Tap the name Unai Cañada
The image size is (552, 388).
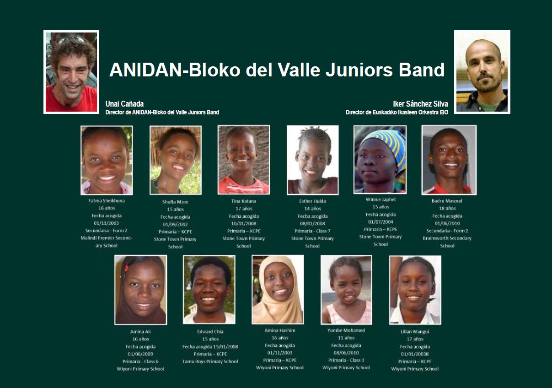click(124, 104)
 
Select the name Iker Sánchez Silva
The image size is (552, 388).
click(421, 104)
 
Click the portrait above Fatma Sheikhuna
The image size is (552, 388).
click(107, 160)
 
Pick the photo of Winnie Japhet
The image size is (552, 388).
click(380, 160)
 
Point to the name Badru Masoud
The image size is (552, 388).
click(447, 201)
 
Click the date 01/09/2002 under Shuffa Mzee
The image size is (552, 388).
click(175, 224)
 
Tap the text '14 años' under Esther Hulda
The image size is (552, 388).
click(313, 209)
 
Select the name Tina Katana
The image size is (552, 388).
click(244, 201)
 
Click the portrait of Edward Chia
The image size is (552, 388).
click(209, 290)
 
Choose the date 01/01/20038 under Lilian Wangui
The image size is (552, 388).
click(415, 354)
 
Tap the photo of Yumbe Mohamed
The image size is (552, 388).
click(347, 290)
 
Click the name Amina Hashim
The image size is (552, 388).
click(280, 330)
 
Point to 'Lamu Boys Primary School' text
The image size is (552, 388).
click(210, 361)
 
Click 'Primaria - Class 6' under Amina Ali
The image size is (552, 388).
click(140, 361)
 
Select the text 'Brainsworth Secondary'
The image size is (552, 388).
click(447, 238)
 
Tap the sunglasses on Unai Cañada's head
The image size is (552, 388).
click(71, 39)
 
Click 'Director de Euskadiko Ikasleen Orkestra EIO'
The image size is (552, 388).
click(397, 113)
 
